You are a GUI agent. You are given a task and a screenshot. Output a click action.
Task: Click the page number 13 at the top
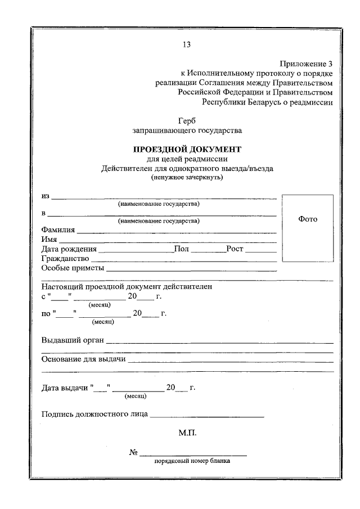(186, 45)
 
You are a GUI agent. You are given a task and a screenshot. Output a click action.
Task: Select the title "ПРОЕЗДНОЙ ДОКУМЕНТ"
(187, 150)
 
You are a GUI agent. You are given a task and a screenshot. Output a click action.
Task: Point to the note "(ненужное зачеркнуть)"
(187, 178)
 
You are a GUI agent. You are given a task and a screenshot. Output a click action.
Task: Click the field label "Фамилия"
(58, 229)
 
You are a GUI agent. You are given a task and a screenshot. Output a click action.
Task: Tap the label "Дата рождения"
(69, 249)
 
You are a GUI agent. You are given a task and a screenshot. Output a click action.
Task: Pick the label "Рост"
(235, 249)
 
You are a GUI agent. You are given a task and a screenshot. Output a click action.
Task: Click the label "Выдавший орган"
(73, 339)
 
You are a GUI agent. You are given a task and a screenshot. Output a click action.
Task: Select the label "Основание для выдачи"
(83, 359)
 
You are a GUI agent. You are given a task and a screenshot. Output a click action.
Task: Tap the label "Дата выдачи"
(65, 388)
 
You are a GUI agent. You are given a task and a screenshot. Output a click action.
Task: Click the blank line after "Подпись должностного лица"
(207, 416)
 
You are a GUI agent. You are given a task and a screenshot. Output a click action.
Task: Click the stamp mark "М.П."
(187, 434)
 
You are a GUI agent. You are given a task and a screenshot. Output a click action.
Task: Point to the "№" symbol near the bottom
(134, 453)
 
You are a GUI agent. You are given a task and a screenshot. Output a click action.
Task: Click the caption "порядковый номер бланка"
(193, 462)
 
